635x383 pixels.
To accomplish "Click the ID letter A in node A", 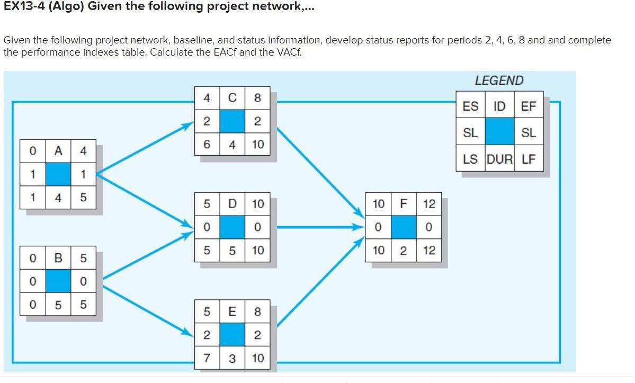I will (x=58, y=151).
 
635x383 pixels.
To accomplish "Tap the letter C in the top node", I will (x=232, y=98).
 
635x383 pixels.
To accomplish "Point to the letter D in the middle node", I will (x=232, y=204).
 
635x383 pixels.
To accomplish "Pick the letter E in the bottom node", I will (x=232, y=311).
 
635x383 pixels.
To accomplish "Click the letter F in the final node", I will (x=404, y=204).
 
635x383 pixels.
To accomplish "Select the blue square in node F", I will (x=404, y=227).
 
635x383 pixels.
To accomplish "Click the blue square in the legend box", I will (x=499, y=132).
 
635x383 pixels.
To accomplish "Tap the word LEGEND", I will (x=499, y=81).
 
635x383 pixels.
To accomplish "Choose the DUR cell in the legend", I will (x=499, y=158).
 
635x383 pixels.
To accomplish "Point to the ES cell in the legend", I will (x=470, y=106).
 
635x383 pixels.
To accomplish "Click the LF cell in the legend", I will (x=529, y=158).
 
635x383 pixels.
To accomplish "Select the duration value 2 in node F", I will (x=404, y=251).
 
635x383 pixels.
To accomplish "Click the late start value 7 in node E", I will (x=207, y=358).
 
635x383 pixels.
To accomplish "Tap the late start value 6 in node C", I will (x=207, y=144).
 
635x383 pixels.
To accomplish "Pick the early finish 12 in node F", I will (x=429, y=204).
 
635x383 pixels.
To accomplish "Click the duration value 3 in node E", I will (x=232, y=358).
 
